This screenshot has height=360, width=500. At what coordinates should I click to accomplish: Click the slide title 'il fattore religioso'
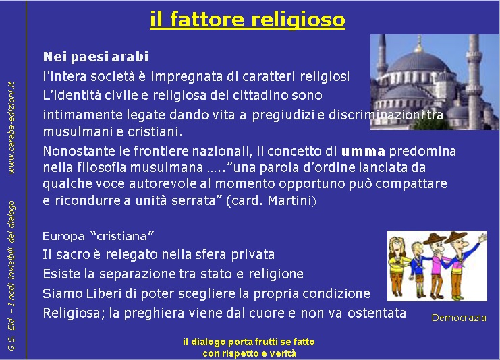tap(248, 20)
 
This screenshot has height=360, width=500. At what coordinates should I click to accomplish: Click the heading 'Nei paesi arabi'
tap(96, 57)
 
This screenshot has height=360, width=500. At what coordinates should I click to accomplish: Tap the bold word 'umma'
tap(363, 151)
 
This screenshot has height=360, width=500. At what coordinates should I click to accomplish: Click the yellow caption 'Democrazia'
tap(459, 318)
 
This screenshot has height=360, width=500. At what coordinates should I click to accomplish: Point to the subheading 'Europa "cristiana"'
tap(99, 236)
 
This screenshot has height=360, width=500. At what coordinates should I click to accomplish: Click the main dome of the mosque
tap(418, 62)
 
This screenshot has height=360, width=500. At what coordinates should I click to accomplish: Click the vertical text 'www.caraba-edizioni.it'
tap(11, 127)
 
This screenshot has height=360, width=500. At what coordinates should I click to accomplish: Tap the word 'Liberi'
tap(104, 293)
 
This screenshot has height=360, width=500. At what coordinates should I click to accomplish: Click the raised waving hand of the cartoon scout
tap(482, 238)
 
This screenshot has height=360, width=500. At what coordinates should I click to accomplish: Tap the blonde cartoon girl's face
tap(397, 246)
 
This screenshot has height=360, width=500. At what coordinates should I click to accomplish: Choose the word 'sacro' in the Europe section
tap(73, 255)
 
